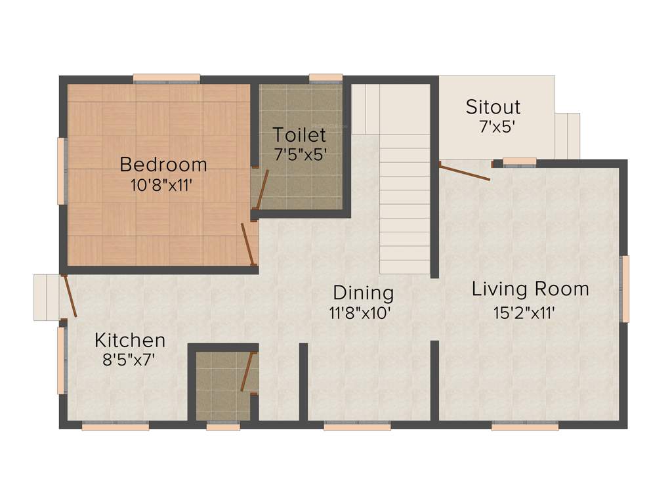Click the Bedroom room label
tap(163, 163)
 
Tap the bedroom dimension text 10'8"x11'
tap(161, 185)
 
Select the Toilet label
tap(299, 135)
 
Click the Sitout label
tap(493, 106)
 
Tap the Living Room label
tap(530, 289)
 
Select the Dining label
tap(363, 293)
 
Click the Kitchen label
tap(130, 340)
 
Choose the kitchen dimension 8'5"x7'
tap(129, 360)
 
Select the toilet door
tap(261, 189)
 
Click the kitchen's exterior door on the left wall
tap(70, 296)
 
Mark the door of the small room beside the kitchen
tap(247, 371)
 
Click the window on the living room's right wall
tap(625, 289)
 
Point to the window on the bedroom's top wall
tap(167, 79)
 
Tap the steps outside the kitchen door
tap(47, 297)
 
